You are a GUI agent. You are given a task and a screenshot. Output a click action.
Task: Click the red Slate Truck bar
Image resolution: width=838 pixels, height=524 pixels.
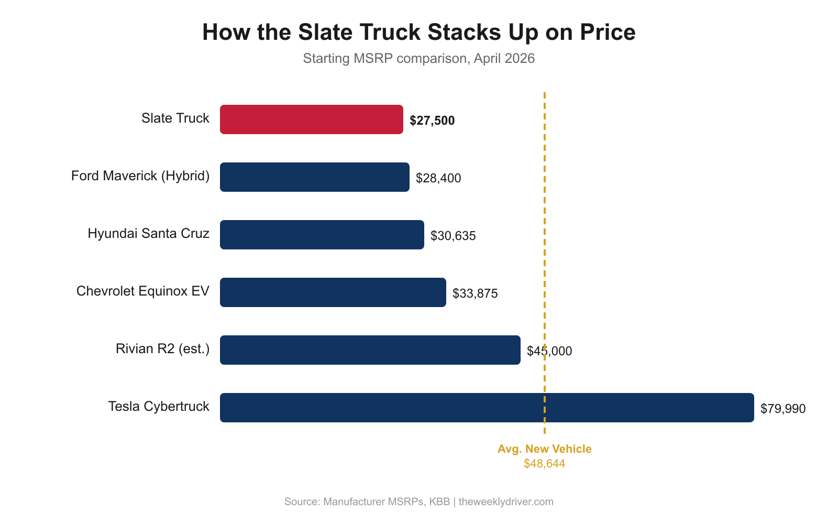pyautogui.click(x=312, y=119)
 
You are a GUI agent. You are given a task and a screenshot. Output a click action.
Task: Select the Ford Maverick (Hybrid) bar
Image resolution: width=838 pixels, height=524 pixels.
pyautogui.click(x=314, y=177)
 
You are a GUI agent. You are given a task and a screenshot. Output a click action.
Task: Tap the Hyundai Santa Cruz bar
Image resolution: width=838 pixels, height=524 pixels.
pyautogui.click(x=322, y=235)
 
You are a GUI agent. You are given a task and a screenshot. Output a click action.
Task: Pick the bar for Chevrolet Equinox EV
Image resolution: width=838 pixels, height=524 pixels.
pyautogui.click(x=333, y=292)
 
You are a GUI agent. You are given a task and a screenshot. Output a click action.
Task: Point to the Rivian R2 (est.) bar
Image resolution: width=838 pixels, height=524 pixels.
pyautogui.click(x=370, y=350)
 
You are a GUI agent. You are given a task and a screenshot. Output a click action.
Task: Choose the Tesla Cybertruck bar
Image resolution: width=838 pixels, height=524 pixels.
pyautogui.click(x=487, y=408)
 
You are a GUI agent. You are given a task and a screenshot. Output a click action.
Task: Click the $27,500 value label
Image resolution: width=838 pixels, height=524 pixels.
pyautogui.click(x=432, y=121)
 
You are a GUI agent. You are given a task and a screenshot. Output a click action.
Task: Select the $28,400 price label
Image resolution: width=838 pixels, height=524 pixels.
pyautogui.click(x=438, y=178)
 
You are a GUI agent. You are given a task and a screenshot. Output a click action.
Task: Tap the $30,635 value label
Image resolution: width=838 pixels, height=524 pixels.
pyautogui.click(x=453, y=236)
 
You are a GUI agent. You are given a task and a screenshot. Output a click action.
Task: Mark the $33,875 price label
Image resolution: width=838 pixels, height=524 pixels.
pyautogui.click(x=475, y=293)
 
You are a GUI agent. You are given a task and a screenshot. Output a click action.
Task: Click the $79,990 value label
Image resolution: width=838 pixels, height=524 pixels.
pyautogui.click(x=783, y=409)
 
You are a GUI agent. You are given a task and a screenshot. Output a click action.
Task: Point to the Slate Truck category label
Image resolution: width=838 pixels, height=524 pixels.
pyautogui.click(x=175, y=118)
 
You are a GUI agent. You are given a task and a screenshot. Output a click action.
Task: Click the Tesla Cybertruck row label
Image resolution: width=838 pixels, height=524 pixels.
pyautogui.click(x=158, y=407)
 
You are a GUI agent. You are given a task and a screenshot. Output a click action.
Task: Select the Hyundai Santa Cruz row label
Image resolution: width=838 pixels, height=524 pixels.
pyautogui.click(x=148, y=234)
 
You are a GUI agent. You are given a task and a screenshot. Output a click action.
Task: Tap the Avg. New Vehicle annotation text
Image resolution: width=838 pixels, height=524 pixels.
pyautogui.click(x=544, y=449)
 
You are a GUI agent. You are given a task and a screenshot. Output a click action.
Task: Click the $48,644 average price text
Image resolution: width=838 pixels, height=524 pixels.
pyautogui.click(x=544, y=464)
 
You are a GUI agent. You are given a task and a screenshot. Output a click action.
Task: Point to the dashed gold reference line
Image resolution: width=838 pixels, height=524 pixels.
pyautogui.click(x=545, y=210)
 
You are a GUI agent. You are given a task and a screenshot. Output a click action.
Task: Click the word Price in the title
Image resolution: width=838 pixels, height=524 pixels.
pyautogui.click(x=607, y=32)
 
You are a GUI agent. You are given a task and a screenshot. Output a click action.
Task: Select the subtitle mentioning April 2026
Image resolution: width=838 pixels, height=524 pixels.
pyautogui.click(x=418, y=58)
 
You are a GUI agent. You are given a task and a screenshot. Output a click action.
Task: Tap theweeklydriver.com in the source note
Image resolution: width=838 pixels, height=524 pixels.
pyautogui.click(x=506, y=501)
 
